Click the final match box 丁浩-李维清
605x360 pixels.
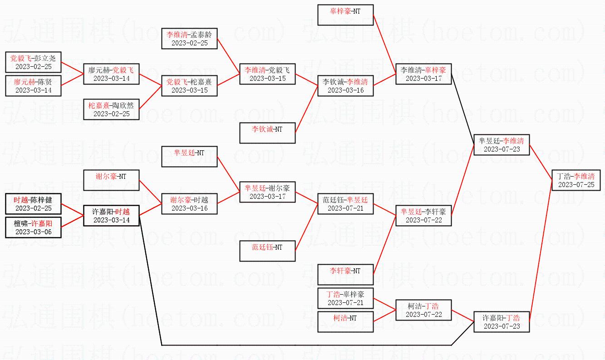click(576, 180)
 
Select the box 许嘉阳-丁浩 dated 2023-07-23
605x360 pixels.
click(502, 322)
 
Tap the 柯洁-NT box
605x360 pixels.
click(345, 322)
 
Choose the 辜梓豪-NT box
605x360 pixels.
click(345, 15)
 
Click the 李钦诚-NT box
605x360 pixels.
click(267, 133)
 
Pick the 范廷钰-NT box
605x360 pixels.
click(267, 251)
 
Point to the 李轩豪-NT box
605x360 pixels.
click(345, 275)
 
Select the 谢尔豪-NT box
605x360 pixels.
click(111, 180)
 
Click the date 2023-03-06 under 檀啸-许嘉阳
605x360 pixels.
click(33, 232)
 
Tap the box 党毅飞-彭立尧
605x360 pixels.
click(33, 62)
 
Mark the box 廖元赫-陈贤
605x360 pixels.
click(33, 86)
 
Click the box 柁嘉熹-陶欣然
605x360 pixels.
click(111, 109)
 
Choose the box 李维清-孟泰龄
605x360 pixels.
click(189, 39)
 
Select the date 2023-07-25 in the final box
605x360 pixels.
click(576, 185)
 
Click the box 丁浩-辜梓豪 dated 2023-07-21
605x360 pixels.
click(345, 298)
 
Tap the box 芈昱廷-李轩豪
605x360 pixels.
click(423, 216)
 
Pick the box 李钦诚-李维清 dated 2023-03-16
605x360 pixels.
click(345, 86)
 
